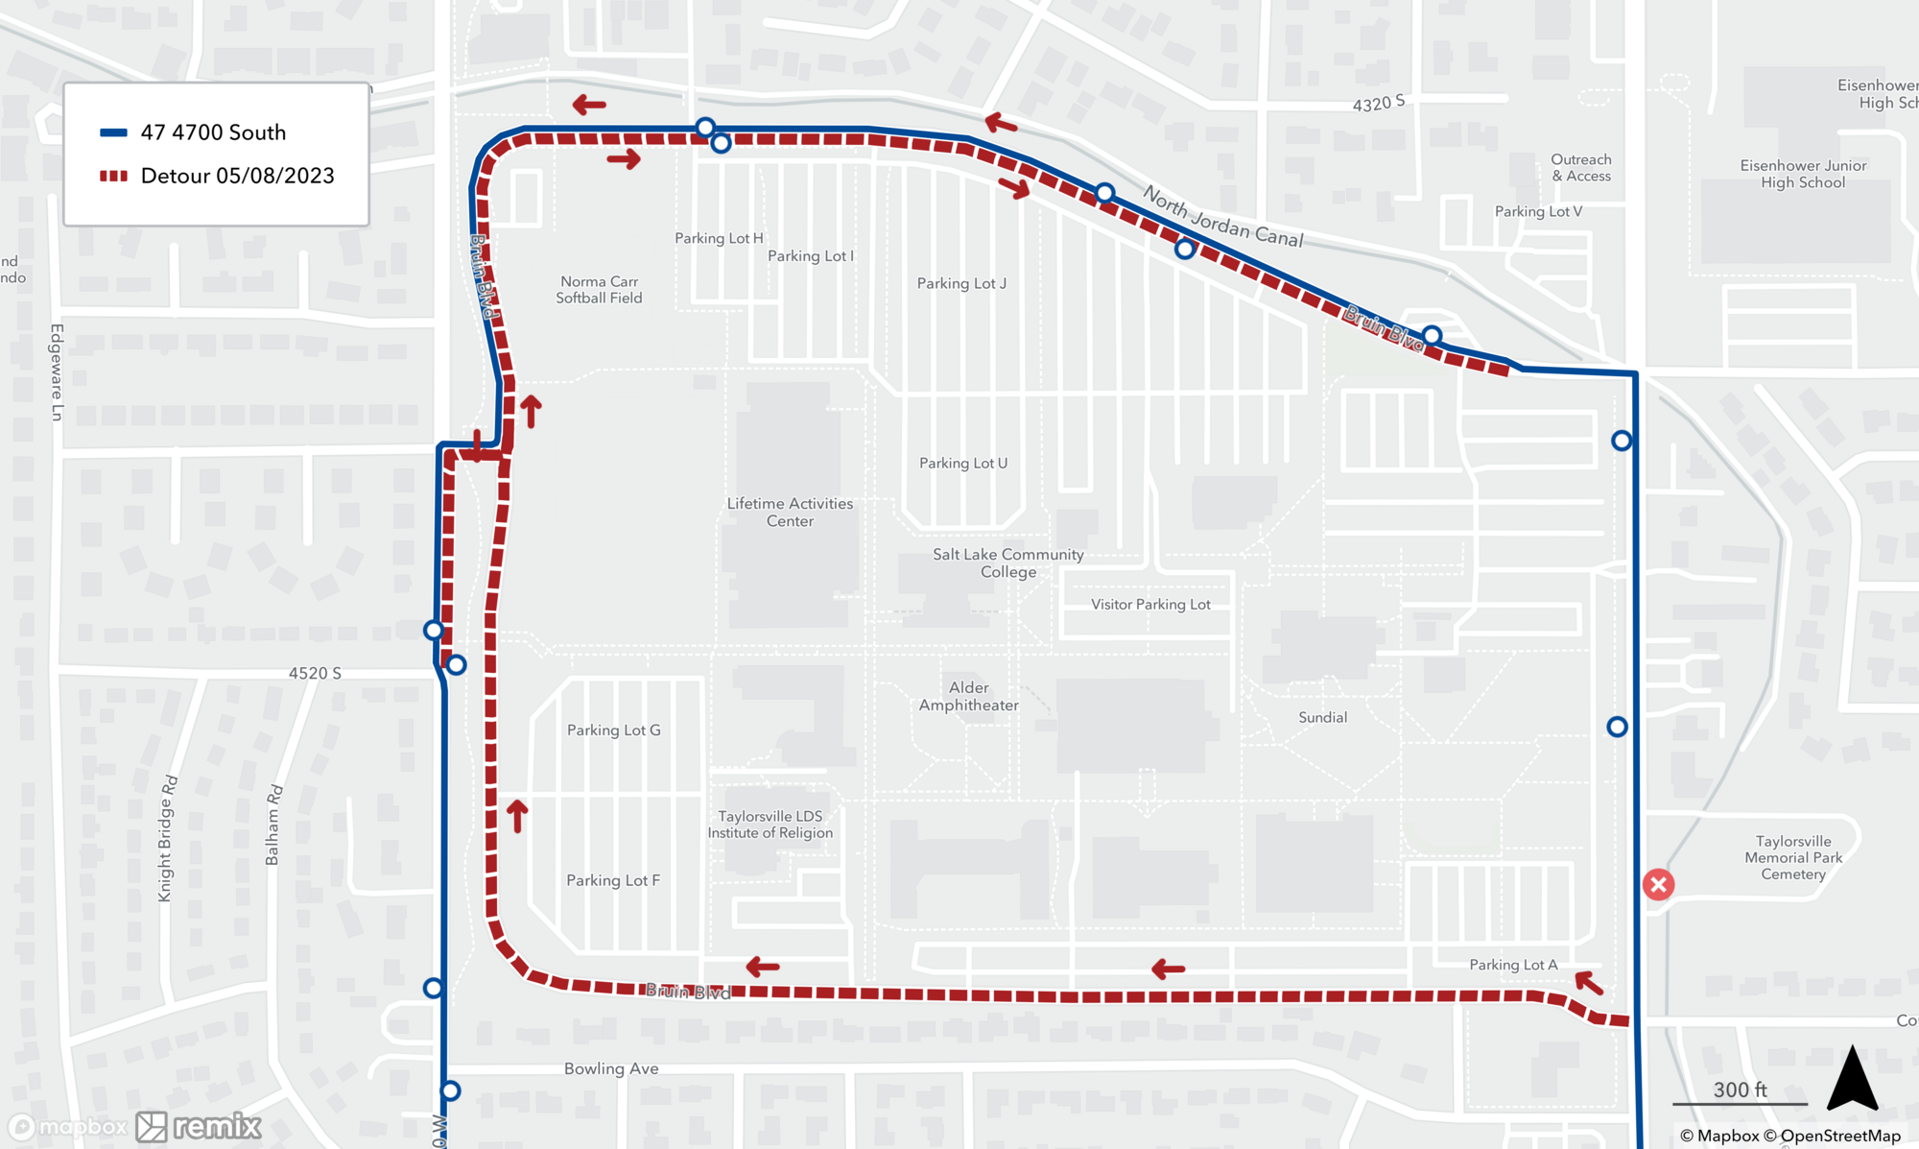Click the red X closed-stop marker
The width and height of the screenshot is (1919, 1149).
click(1658, 884)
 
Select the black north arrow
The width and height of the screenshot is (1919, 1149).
click(1852, 1079)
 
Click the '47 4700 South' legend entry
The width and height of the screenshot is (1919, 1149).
click(212, 132)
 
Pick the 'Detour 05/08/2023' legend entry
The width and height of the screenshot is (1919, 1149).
click(236, 176)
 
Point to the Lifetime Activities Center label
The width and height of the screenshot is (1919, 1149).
click(790, 512)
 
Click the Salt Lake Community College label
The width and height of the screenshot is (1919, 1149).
click(1007, 563)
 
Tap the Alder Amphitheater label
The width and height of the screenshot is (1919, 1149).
click(968, 696)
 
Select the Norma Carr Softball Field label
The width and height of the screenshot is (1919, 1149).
click(599, 290)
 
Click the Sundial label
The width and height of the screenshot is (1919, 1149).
click(1322, 717)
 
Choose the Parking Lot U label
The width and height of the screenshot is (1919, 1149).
click(963, 463)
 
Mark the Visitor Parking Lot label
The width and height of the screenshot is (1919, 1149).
click(1150, 604)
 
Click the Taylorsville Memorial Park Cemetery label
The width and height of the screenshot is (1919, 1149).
click(1792, 857)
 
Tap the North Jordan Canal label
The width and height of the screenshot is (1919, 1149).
click(1222, 218)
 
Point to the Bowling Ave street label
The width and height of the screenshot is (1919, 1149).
click(611, 1068)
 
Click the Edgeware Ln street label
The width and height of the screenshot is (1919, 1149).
click(57, 371)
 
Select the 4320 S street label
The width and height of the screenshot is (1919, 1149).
click(1378, 103)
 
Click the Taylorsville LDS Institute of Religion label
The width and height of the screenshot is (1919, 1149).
click(770, 825)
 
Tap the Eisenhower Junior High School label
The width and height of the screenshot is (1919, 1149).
click(1803, 174)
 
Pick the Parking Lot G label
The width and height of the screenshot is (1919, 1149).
click(613, 730)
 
